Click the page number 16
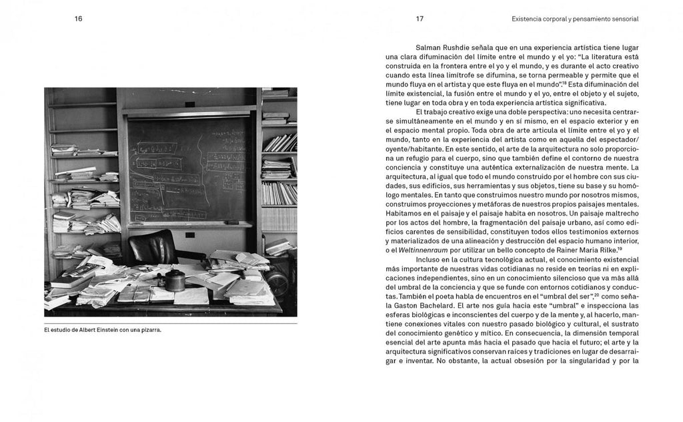click(79, 19)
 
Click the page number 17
click(420, 19)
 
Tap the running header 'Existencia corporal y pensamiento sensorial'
click(575, 19)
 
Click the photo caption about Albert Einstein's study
click(103, 330)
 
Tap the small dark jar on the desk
click(175, 280)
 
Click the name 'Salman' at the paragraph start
click(430, 47)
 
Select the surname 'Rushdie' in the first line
click(463, 47)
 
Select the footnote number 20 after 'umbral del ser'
click(596, 293)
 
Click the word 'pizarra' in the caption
click(150, 330)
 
